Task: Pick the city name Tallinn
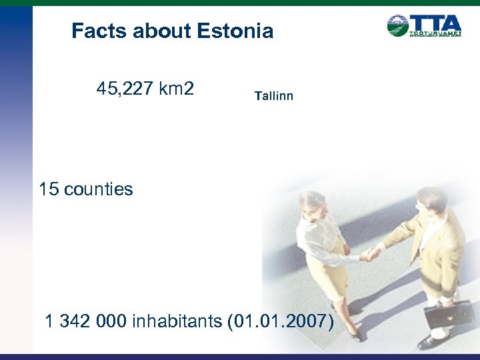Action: coord(273,97)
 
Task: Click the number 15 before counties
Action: coord(49,189)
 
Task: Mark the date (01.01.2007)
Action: coord(281,321)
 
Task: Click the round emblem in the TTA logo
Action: coord(398,25)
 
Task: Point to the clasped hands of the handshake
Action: coord(369,254)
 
